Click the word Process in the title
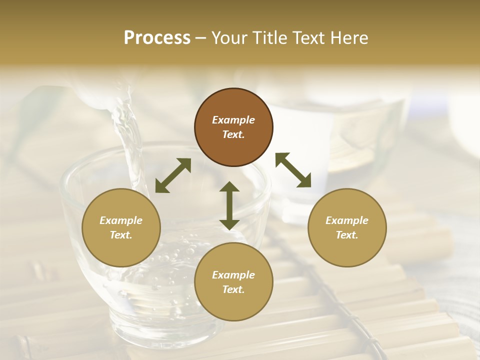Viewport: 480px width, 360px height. tap(157, 38)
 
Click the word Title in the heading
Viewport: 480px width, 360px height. tap(268, 38)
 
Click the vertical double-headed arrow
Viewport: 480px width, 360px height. tap(229, 206)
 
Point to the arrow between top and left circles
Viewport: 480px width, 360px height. tap(173, 175)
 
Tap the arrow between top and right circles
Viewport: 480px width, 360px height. tap(293, 170)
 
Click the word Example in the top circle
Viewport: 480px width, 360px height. tap(233, 120)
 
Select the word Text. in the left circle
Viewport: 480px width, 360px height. tap(121, 235)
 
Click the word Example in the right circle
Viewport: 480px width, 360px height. tap(347, 220)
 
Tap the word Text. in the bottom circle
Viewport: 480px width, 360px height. tap(233, 289)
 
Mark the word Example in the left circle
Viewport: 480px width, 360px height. tap(121, 220)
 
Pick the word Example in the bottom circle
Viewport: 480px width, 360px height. tap(233, 275)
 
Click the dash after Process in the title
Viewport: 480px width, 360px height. tap(200, 38)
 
